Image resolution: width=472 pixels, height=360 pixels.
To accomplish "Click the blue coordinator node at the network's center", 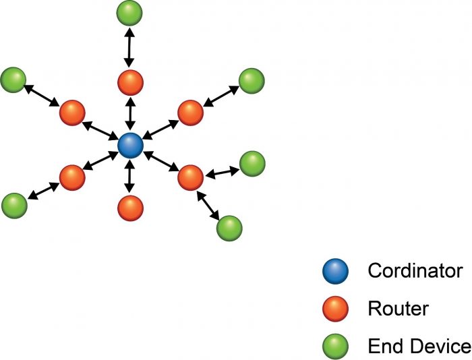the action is point(130,146).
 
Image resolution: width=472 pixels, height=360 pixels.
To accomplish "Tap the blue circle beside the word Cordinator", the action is point(335,271).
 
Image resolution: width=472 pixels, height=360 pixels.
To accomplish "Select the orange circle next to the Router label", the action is point(335,309).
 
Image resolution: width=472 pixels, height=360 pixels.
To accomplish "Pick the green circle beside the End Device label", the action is point(335,346).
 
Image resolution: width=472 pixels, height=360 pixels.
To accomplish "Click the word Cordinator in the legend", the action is point(415,270).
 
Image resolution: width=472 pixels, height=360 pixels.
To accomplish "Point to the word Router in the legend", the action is point(399,309).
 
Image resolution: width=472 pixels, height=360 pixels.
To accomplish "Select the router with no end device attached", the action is point(130,208).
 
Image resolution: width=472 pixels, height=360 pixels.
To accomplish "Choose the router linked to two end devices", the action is point(191,177).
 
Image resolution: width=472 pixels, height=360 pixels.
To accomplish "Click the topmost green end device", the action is point(129,13).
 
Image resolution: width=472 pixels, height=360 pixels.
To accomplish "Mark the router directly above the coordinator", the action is point(130,82).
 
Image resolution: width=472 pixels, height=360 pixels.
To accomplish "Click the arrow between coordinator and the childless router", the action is point(129,177).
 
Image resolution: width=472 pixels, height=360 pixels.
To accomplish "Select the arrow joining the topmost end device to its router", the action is point(129,48).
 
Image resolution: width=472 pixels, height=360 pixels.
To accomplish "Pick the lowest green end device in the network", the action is point(229,228).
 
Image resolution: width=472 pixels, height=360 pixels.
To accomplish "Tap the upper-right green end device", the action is point(252,81).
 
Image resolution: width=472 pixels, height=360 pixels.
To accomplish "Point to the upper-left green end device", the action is point(13,80).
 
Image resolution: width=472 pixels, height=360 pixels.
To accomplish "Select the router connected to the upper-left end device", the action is point(72,113).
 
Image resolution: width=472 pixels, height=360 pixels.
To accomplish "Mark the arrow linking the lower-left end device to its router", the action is point(44,191).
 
